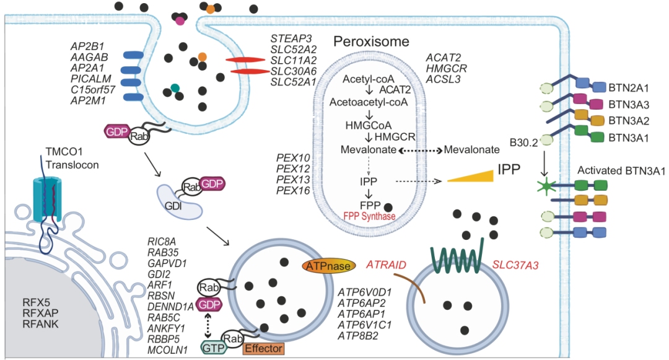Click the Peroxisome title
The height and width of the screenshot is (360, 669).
pyautogui.click(x=372, y=42)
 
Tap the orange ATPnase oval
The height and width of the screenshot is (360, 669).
pyautogui.click(x=327, y=266)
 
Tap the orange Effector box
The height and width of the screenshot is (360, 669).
pyautogui.click(x=263, y=348)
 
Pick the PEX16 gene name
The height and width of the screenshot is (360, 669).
pyautogui.click(x=293, y=191)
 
